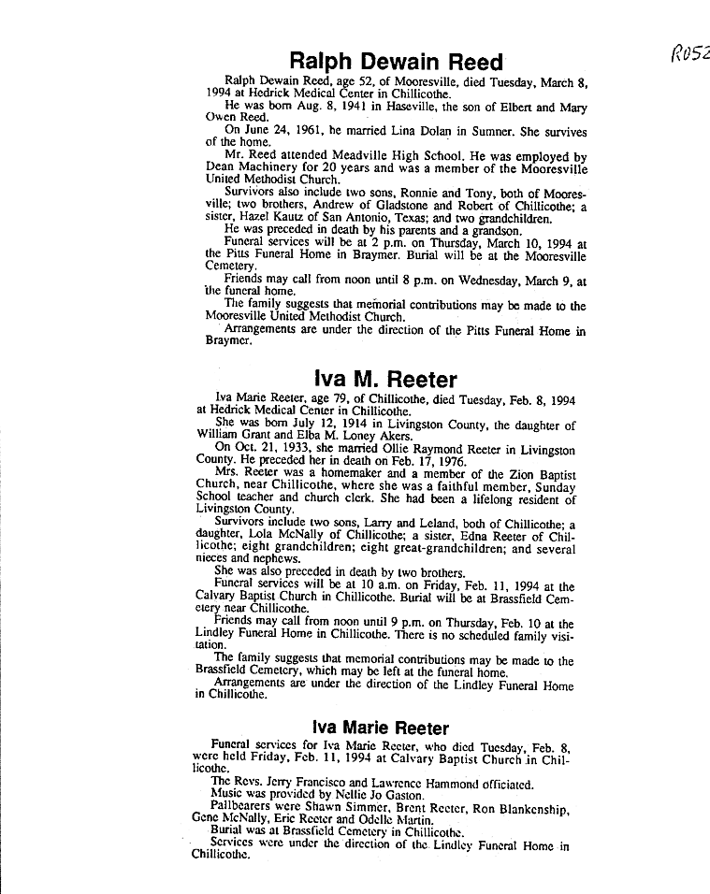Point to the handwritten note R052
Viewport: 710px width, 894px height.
click(690, 53)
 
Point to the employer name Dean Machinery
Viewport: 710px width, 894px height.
click(251, 168)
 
